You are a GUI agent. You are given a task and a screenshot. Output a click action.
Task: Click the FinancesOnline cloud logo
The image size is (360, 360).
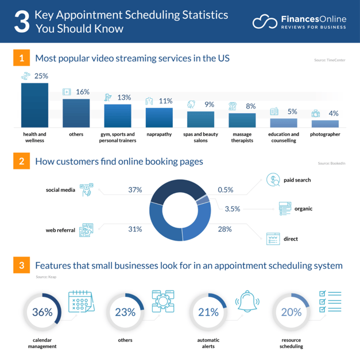coord(264,22)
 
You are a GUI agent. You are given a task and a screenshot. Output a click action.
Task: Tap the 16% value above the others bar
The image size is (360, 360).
coord(83,92)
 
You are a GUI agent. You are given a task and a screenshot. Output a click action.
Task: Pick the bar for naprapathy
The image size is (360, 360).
coord(159,117)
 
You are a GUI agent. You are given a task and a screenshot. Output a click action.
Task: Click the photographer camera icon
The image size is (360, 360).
coord(316,114)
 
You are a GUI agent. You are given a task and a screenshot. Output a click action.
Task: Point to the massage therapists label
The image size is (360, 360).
coord(242,137)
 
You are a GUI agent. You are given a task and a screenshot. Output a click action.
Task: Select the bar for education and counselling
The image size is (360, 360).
coord(284,122)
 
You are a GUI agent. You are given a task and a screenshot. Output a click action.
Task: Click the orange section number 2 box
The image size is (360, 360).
coord(21,161)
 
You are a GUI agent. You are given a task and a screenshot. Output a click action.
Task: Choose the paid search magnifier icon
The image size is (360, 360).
coord(273,180)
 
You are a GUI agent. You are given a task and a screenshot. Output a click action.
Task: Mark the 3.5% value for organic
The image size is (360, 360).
coord(233,208)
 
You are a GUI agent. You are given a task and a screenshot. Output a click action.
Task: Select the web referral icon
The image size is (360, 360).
coord(87,230)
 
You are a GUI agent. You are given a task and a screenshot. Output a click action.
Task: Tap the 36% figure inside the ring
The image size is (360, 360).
coord(42,312)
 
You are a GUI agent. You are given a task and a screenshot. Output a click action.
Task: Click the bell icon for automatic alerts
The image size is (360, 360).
coord(247,301)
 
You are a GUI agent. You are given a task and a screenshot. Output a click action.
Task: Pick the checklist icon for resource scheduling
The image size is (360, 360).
coord(330,301)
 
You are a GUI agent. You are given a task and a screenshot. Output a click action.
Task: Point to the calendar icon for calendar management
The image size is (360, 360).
coord(81,301)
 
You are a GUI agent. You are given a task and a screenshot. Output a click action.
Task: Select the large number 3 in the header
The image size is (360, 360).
coord(21,21)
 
